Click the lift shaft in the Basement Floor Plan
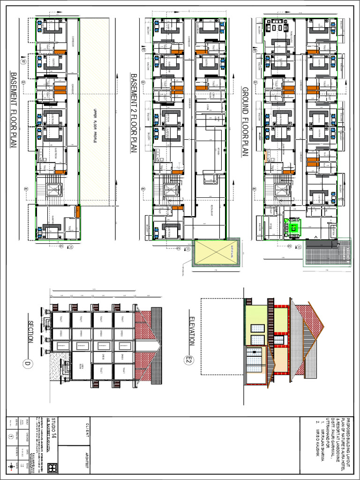pos(53,190)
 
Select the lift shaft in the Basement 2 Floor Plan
pos(170,190)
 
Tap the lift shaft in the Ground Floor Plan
pos(281,190)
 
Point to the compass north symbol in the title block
pos(11,467)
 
